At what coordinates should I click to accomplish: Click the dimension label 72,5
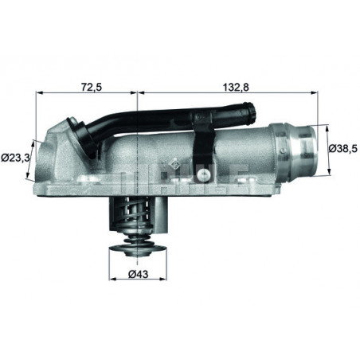(92, 87)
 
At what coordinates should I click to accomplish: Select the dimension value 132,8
(236, 87)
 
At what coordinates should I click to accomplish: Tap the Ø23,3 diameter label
(15, 158)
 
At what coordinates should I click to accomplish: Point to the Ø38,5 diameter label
(344, 148)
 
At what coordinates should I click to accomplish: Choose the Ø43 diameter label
(139, 274)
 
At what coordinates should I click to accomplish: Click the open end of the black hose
(251, 113)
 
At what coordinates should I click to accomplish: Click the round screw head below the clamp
(204, 174)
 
